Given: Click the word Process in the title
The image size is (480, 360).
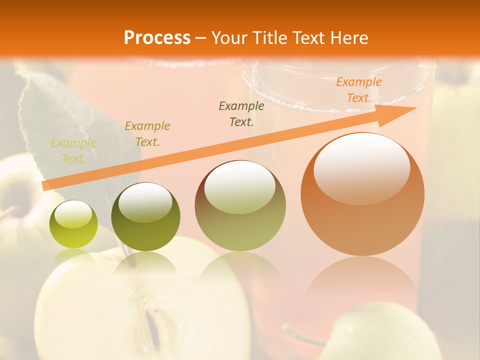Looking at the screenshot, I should (x=157, y=37).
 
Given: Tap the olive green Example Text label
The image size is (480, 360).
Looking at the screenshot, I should (x=147, y=134).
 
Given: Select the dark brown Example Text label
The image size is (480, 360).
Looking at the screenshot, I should (x=241, y=113).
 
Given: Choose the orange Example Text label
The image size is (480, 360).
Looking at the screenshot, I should (x=358, y=90).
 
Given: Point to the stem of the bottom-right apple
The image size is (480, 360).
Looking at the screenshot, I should (x=300, y=334).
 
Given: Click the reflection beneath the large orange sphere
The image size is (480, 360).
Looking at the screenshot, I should (x=362, y=280).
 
